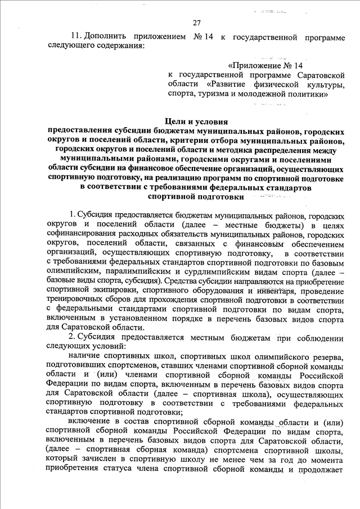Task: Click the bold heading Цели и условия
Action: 196,121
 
